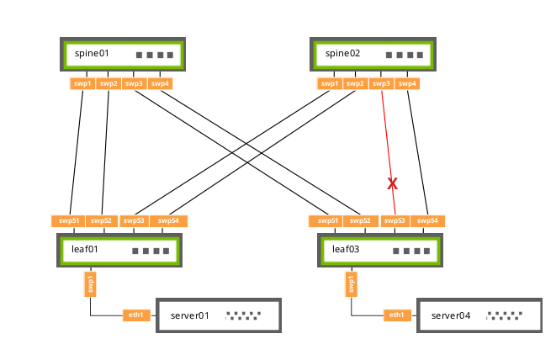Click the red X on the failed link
coord(391,183)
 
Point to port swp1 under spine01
coord(82,83)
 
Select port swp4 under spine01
coord(160,83)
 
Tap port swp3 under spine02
coord(382,83)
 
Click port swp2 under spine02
coord(356,83)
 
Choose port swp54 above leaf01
coord(169,221)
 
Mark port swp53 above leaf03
coord(394,221)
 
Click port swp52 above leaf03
coord(361,221)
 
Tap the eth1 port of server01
coord(135,315)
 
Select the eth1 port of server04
coord(396,315)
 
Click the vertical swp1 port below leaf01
coord(90,284)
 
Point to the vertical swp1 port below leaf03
coord(351,284)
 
